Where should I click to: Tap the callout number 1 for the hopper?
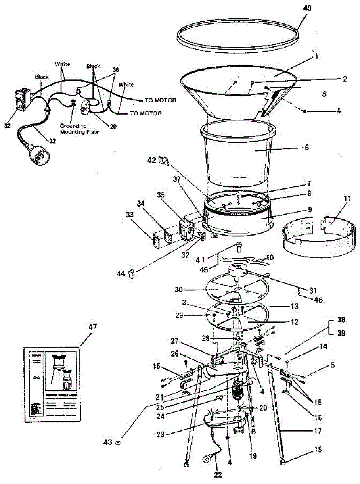tap(317, 56)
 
